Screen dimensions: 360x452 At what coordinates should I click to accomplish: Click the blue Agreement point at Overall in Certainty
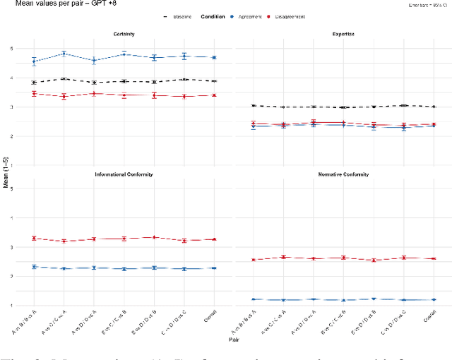(x=214, y=58)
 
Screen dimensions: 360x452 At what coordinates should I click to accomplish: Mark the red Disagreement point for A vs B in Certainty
(x=34, y=94)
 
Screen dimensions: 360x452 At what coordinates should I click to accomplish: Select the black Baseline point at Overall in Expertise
(x=434, y=107)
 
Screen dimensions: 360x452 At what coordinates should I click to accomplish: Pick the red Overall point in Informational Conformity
(x=214, y=239)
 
